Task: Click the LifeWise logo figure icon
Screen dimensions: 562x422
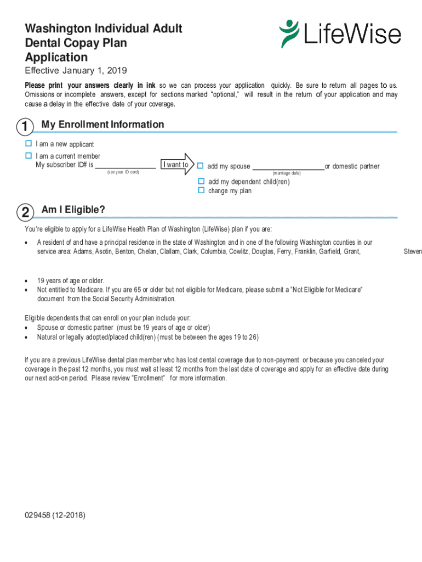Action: [289, 33]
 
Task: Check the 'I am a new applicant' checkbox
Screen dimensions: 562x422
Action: [28, 143]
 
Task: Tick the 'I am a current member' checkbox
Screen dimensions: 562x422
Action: [28, 156]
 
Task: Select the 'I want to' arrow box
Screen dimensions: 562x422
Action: [176, 165]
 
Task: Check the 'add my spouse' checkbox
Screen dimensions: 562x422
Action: [201, 166]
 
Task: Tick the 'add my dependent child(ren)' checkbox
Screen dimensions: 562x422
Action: [201, 181]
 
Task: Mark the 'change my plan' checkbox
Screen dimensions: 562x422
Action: [201, 190]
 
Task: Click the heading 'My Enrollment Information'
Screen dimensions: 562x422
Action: [102, 125]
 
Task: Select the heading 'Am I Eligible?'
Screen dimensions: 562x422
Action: [73, 210]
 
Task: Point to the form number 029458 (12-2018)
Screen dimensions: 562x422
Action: [55, 515]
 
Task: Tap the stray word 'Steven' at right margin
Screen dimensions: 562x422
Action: [413, 252]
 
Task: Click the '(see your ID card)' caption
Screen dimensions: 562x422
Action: [123, 172]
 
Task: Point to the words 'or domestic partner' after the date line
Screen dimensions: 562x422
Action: [352, 166]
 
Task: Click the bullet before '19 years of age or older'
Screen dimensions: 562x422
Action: [27, 281]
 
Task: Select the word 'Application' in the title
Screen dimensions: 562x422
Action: [56, 57]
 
